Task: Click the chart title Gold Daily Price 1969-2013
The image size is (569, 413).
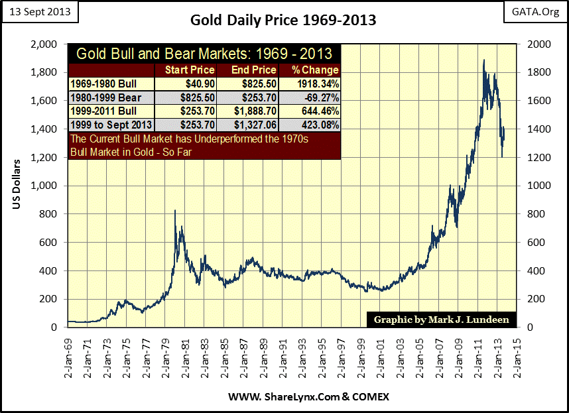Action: (x=283, y=20)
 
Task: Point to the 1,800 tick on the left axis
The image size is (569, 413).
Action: (x=46, y=72)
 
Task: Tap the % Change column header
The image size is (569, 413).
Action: (x=310, y=70)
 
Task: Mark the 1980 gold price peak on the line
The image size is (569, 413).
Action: (x=175, y=211)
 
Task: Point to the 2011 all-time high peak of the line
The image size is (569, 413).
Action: (x=483, y=60)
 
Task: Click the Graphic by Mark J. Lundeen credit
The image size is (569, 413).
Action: (x=441, y=320)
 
